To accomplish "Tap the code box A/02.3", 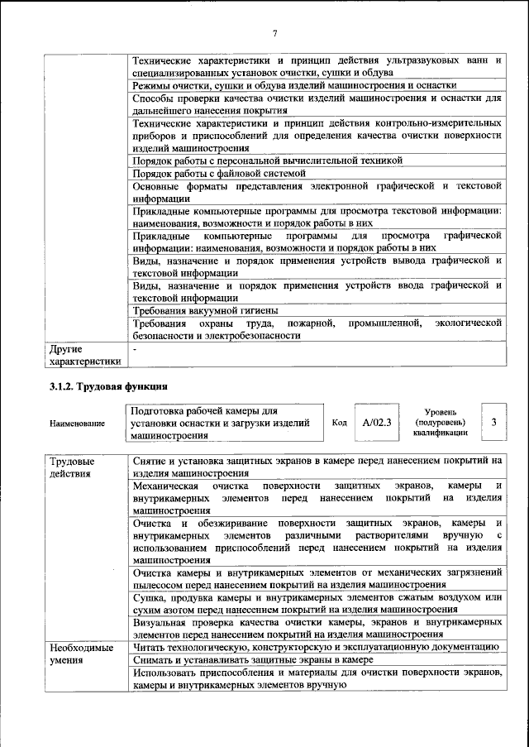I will tap(375, 422).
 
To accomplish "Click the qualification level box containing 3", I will tap(493, 422).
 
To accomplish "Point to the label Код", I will tap(339, 423).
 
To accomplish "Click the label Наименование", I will tap(77, 424).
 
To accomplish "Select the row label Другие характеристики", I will tap(84, 355).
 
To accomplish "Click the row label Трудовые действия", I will tap(73, 467).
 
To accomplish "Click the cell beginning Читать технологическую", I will tap(314, 647).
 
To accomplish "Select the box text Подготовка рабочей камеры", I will tap(219, 422).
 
